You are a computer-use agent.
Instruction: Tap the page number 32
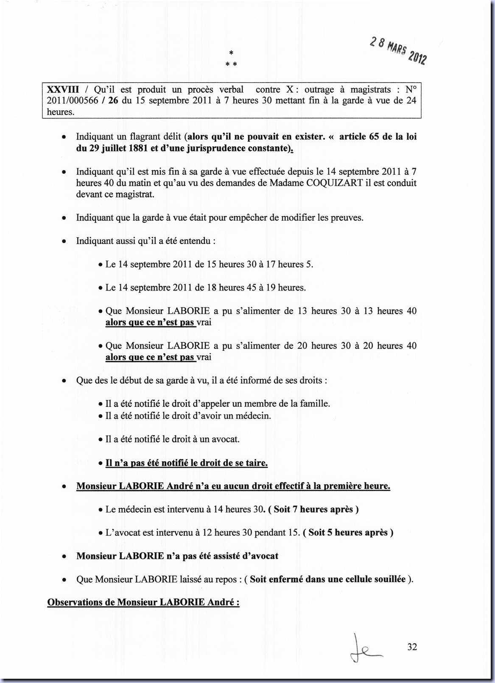coord(412,647)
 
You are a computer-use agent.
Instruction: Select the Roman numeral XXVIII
coord(63,90)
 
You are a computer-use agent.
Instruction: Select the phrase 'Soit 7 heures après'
coord(313,509)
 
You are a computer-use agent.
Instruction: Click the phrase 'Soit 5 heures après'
coord(348,532)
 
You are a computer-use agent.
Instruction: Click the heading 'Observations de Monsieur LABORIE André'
coord(143,602)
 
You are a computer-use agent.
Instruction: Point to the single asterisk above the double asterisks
coord(231,53)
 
